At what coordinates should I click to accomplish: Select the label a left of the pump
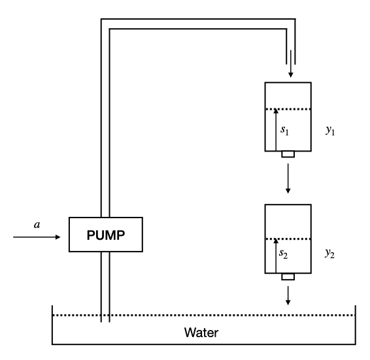(x=37, y=224)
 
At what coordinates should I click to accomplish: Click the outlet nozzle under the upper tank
(x=288, y=154)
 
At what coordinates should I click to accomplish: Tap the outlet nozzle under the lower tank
(x=288, y=276)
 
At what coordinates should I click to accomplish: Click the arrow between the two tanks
(x=288, y=179)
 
